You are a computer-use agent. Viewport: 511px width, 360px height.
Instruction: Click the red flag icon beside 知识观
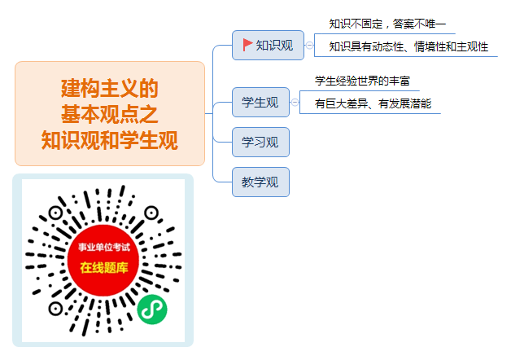point(247,45)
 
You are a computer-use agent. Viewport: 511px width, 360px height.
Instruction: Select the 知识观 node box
point(268,45)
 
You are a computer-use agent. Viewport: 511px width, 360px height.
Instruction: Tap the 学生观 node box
point(260,102)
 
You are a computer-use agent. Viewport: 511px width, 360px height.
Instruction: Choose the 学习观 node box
point(260,143)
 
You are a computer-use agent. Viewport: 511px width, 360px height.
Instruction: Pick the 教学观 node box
point(260,182)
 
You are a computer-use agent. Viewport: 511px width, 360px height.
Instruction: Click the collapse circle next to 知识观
point(309,45)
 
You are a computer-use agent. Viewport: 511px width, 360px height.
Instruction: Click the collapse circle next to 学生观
point(295,103)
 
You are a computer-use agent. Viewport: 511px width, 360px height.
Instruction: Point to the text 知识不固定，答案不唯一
point(387,24)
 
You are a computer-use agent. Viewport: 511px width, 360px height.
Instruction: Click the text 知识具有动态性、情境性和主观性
point(408,47)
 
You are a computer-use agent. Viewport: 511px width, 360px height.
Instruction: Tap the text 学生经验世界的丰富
point(362,81)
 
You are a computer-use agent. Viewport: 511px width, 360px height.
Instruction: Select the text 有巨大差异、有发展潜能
point(373,103)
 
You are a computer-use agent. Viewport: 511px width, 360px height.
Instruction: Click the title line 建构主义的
point(110,88)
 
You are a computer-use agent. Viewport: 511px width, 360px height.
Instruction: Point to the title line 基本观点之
point(110,114)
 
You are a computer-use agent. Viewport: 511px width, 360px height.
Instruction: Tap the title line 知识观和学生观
point(110,140)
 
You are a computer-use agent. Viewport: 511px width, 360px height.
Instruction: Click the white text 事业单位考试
point(104,247)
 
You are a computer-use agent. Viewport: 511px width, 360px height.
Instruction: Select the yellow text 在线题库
point(104,268)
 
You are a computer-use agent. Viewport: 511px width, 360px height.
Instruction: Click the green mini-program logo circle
point(152,310)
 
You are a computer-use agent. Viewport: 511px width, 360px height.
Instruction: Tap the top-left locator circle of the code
point(55,213)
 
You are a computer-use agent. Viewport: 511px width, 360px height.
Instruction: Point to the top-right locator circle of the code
point(151,213)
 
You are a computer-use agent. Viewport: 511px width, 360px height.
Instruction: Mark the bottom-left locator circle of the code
point(55,309)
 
